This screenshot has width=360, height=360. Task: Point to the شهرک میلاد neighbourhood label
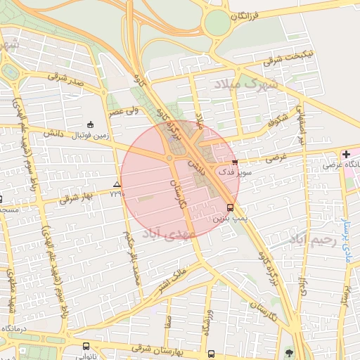246,84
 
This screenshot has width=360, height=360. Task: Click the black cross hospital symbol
346,153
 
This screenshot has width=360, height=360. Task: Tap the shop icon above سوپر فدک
234,162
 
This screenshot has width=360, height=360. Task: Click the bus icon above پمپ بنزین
230,207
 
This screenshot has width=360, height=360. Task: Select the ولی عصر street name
123,110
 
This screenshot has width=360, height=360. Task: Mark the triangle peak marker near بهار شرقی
117,185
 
